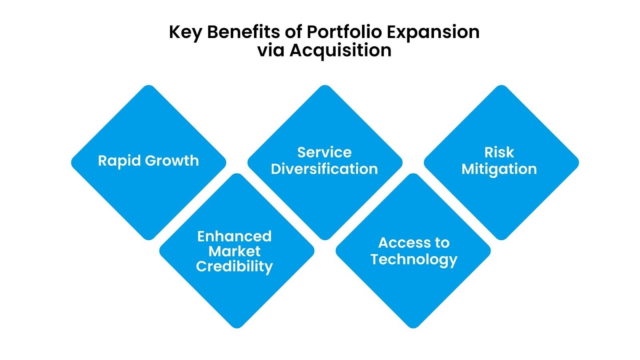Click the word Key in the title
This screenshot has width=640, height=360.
(x=185, y=32)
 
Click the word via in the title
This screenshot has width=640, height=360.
(x=271, y=50)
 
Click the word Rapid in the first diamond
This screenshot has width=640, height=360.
(x=119, y=161)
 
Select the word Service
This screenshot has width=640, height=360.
(x=324, y=152)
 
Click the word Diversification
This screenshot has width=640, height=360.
(x=324, y=169)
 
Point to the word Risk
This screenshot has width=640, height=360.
(x=499, y=152)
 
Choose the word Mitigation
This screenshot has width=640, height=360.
(x=499, y=169)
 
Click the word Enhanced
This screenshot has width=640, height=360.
(x=234, y=236)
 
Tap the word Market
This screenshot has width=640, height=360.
(x=234, y=251)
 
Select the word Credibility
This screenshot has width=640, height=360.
(x=234, y=266)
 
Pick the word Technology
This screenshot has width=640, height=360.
(x=414, y=260)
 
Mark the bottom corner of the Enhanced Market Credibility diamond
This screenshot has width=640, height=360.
(x=237, y=327)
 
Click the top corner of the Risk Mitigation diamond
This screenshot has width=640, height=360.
(x=501, y=86)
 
